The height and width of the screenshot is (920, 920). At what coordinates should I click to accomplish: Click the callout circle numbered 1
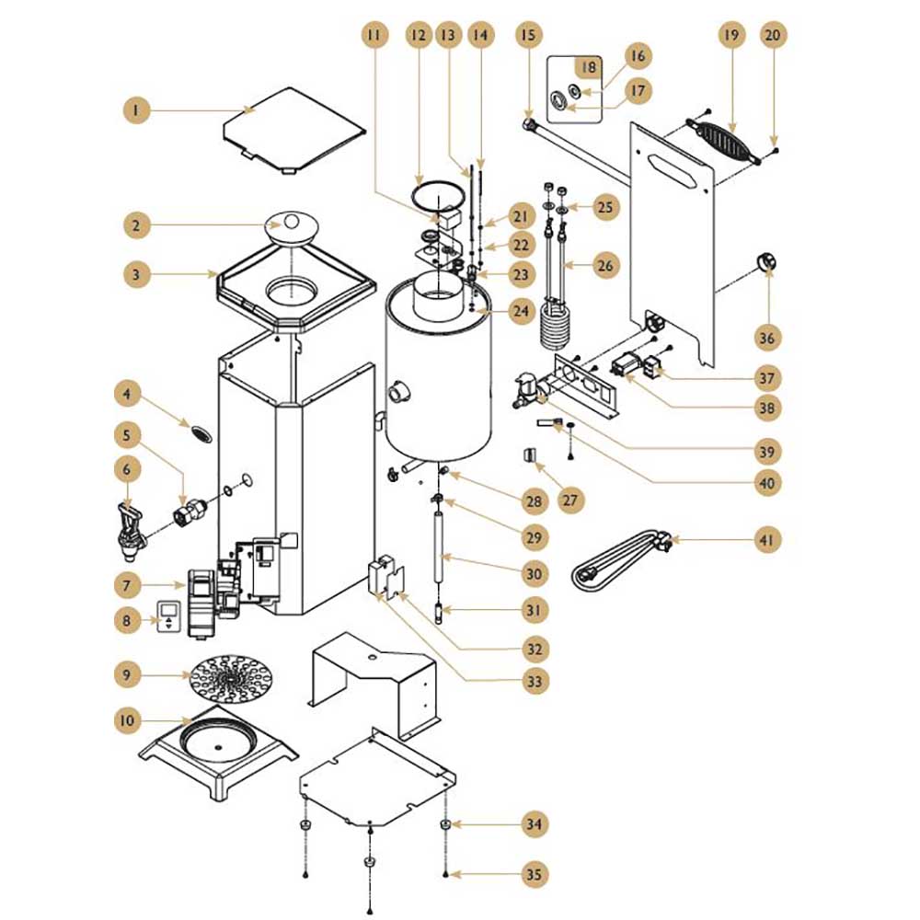pyautogui.click(x=136, y=109)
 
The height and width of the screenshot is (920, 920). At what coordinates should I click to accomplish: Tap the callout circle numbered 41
pyautogui.click(x=767, y=539)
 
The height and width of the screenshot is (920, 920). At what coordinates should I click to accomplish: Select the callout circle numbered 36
pyautogui.click(x=767, y=338)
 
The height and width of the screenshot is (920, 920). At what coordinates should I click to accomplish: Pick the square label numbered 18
pyautogui.click(x=588, y=67)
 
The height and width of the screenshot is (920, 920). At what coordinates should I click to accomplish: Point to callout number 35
pyautogui.click(x=534, y=874)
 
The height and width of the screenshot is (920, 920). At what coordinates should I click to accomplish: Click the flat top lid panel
pyautogui.click(x=294, y=130)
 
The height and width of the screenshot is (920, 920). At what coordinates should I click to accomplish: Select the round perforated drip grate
pyautogui.click(x=233, y=678)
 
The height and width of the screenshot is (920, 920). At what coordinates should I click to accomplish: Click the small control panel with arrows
pyautogui.click(x=169, y=616)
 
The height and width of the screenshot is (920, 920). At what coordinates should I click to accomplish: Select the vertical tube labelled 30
pyautogui.click(x=438, y=546)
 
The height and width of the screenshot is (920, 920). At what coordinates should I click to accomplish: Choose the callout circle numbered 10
pyautogui.click(x=127, y=720)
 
